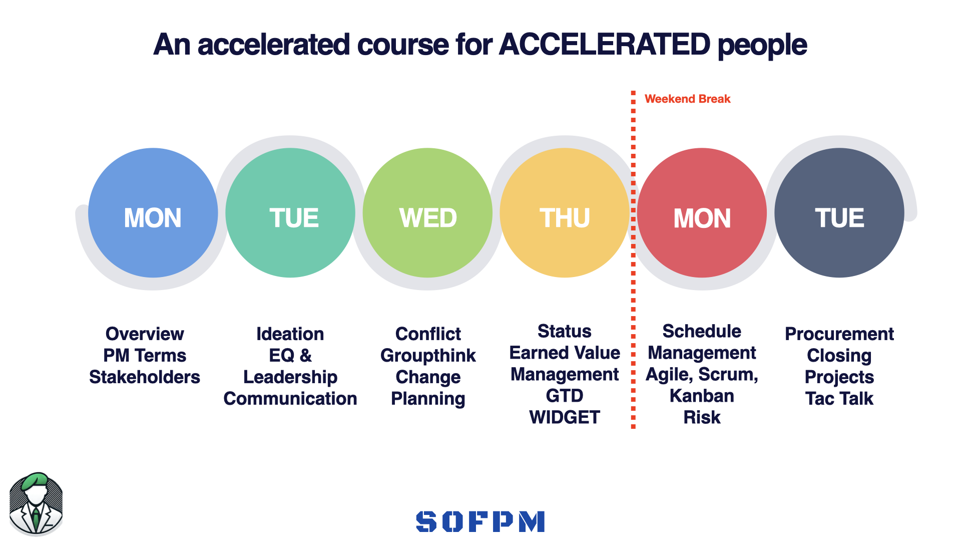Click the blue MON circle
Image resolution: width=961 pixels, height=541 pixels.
[153, 213]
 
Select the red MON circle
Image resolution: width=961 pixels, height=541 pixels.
[702, 213]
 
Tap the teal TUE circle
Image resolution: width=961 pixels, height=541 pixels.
[290, 213]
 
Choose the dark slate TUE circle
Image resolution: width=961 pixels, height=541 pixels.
[839, 213]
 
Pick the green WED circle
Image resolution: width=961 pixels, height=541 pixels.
[427, 213]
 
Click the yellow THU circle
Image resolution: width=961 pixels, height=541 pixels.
[565, 213]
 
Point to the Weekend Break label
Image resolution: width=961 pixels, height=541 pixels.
[687, 99]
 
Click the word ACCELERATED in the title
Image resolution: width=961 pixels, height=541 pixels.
[604, 45]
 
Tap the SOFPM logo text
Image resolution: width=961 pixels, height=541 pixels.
[480, 521]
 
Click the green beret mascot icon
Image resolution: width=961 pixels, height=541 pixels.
[36, 503]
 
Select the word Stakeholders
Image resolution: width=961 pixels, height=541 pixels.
[145, 377]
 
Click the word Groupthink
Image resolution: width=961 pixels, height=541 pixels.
[428, 355]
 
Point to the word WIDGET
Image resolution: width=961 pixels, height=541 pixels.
[565, 417]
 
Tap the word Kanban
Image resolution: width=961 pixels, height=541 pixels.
[702, 396]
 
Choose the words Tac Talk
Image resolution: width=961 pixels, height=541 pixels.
[839, 398]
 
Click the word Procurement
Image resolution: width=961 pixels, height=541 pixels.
[839, 334]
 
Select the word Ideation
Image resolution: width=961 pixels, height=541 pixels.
[290, 334]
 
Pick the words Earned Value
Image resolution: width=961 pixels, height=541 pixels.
[565, 353]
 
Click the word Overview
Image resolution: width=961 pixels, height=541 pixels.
[145, 334]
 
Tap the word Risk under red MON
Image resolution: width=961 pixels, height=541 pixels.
[702, 417]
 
